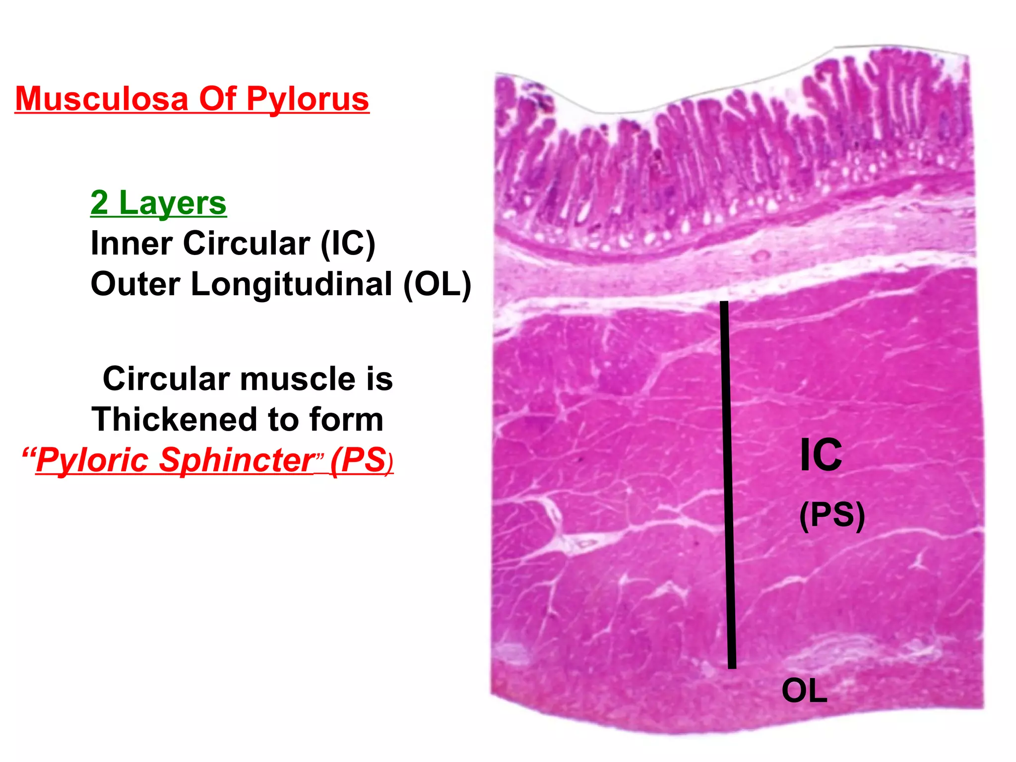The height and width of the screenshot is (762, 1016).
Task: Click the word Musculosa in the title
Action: (102, 99)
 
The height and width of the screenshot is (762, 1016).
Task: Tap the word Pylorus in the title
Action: (308, 99)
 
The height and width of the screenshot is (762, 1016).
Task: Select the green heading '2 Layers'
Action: (158, 203)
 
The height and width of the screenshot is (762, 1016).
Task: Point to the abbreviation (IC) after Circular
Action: (348, 244)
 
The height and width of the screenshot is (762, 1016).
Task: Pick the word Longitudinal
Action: (292, 284)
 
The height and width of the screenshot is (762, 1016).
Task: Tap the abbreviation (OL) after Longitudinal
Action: (437, 284)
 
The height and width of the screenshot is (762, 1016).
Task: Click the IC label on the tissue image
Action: (821, 455)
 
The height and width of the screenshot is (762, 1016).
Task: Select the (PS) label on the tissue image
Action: (832, 515)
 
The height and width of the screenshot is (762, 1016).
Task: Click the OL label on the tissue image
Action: (804, 691)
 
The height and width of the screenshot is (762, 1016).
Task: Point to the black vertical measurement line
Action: (728, 484)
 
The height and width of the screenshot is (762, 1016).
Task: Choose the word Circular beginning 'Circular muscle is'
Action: (166, 379)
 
